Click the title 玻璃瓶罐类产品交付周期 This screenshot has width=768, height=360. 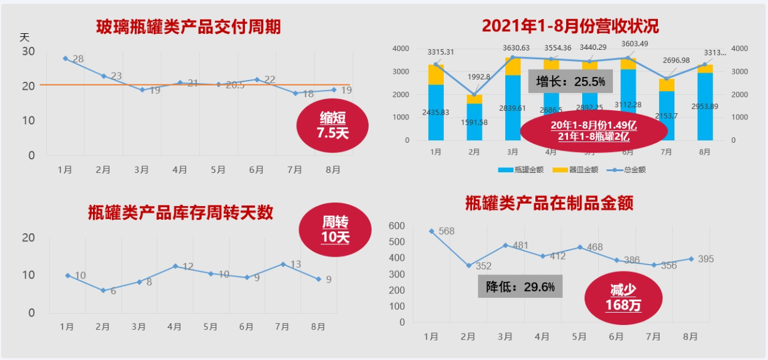pyautogui.click(x=188, y=27)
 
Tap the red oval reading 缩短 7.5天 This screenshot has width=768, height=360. pyautogui.click(x=332, y=125)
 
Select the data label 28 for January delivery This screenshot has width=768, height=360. pyautogui.click(x=78, y=59)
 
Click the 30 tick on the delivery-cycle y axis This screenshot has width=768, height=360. pyautogui.click(x=28, y=51)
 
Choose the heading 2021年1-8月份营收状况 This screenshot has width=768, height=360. pyautogui.click(x=570, y=26)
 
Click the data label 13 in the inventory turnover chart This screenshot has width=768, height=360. pyautogui.click(x=295, y=265)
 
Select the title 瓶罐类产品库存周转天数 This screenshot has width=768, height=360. pyautogui.click(x=180, y=213)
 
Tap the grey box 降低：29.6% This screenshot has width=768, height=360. pyautogui.click(x=520, y=287)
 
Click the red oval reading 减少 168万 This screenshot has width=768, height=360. pyautogui.click(x=623, y=297)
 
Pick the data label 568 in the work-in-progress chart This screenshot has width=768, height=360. pyautogui.click(x=447, y=231)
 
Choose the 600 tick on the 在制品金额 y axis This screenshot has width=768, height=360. pyautogui.click(x=397, y=226)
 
